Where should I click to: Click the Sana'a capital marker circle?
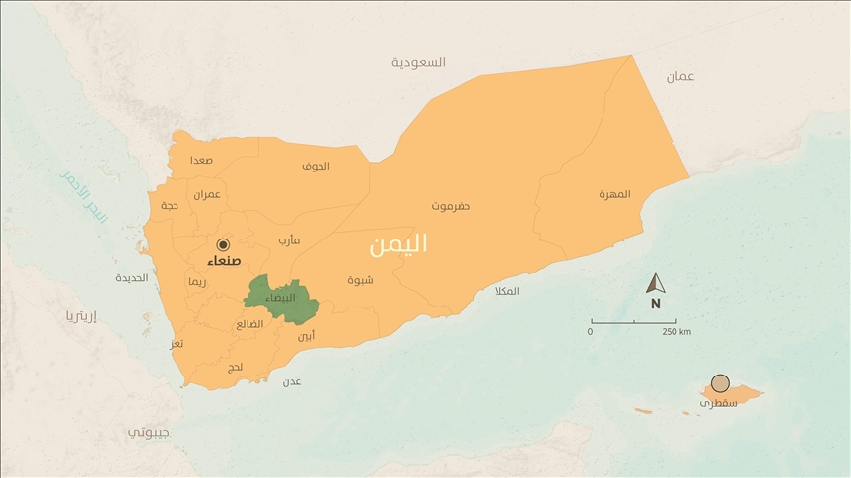223,244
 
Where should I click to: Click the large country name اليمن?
398,244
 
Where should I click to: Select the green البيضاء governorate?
281,298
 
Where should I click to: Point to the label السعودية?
418,62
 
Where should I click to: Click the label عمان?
679,77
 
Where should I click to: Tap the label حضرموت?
451,206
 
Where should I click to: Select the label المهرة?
614,194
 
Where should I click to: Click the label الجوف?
316,166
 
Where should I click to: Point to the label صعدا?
201,160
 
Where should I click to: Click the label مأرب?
289,239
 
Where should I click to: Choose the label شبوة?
360,280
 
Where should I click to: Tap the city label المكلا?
507,291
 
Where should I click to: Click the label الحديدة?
131,277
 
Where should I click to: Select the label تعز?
177,344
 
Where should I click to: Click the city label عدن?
292,381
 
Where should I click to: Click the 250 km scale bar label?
676,332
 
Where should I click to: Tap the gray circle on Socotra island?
721,383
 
